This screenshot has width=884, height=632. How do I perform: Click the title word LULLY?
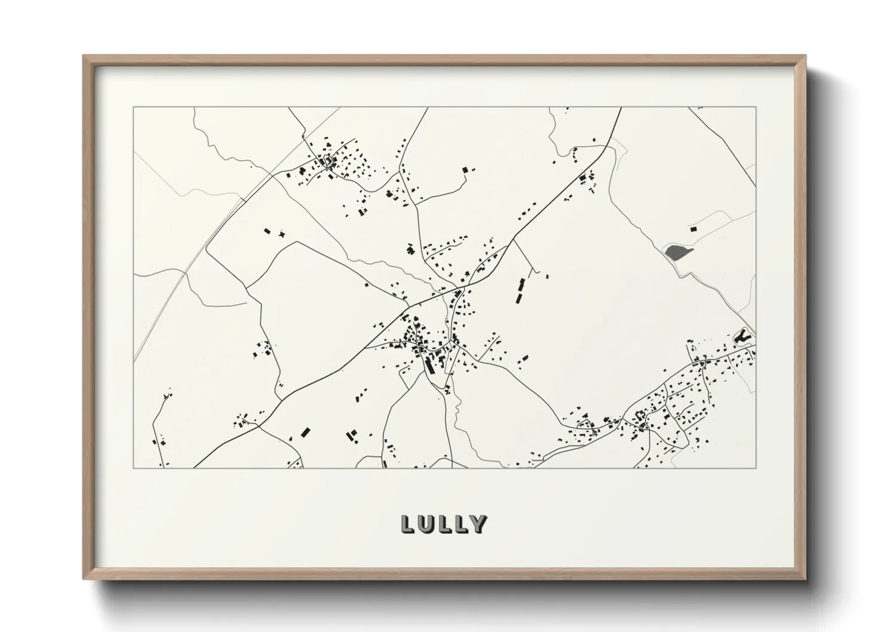444,524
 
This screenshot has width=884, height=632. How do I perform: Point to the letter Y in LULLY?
477,524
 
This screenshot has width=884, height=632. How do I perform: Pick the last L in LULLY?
461,524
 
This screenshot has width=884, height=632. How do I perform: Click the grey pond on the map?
675,251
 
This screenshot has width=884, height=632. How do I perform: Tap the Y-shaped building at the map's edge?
742,337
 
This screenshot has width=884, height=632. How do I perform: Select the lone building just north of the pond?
693,229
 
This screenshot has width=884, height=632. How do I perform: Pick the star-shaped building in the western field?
282,234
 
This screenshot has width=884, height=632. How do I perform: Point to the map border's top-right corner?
756,108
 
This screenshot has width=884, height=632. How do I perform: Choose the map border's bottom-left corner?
134,468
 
